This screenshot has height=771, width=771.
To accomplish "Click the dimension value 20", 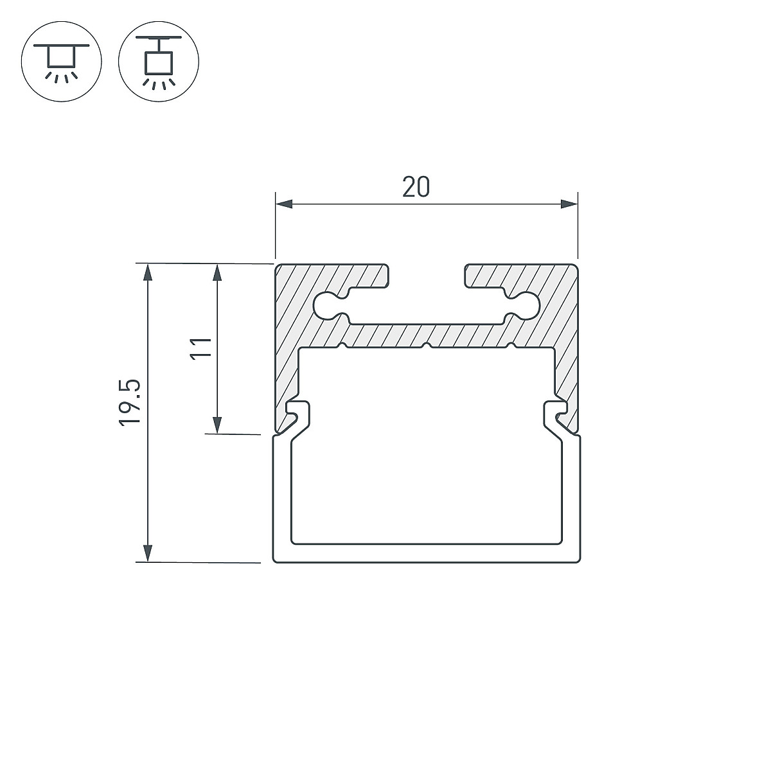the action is [416, 187].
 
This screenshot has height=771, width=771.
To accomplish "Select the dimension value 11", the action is [200, 349].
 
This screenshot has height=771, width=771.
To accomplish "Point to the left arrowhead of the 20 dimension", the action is [284, 204].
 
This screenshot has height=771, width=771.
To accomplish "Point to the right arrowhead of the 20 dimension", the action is [569, 204].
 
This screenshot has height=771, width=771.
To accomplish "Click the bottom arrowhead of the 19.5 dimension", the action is [148, 553].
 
